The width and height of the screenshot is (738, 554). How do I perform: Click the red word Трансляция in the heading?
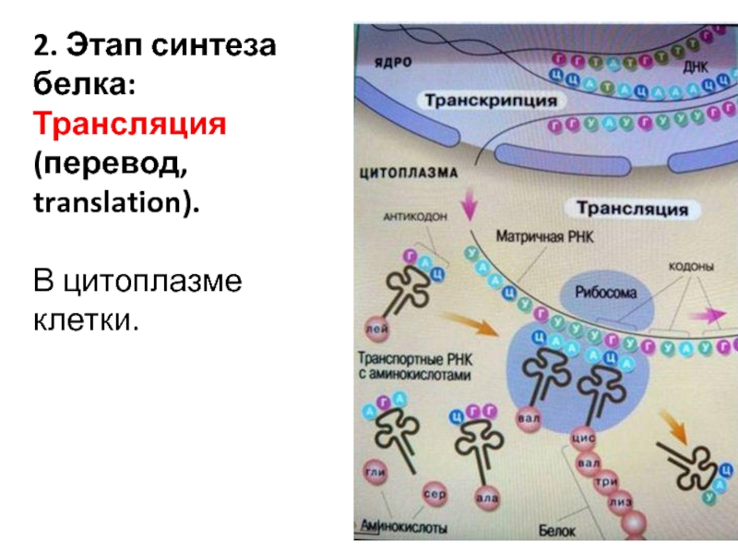(129, 123)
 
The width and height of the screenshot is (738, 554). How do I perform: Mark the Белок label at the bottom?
(557, 531)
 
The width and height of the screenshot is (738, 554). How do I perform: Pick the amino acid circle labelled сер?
(434, 494)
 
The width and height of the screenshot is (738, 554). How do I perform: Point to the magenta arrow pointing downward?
(470, 205)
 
